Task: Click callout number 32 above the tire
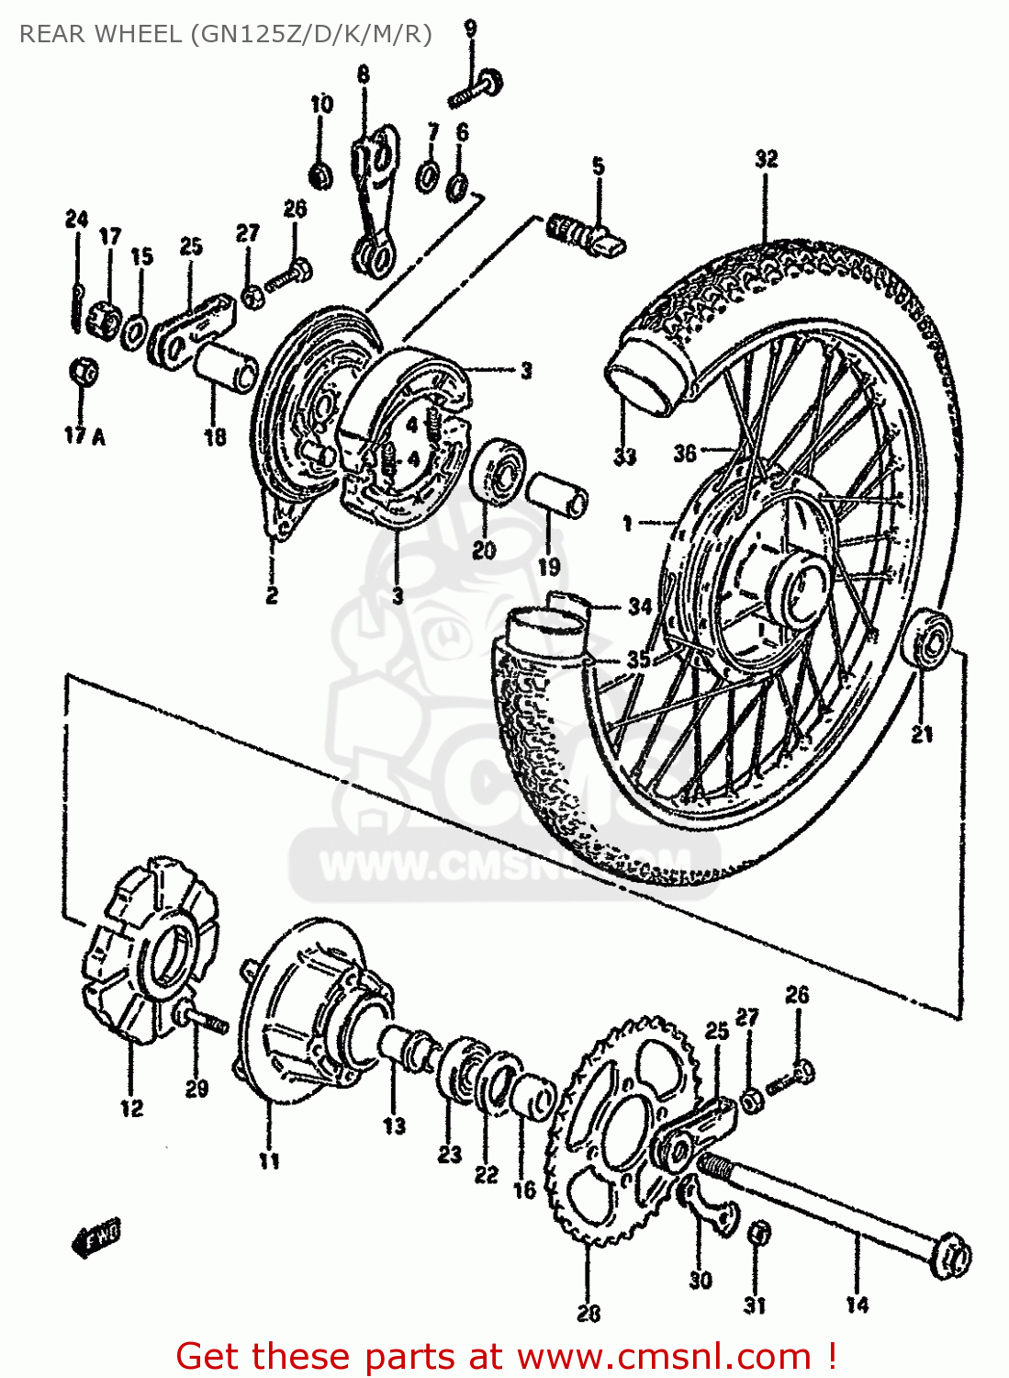point(767,159)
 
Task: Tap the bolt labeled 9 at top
point(477,89)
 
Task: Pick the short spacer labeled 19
point(557,494)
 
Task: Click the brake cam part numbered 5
point(588,234)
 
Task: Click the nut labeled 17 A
point(84,371)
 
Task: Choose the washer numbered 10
point(320,175)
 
